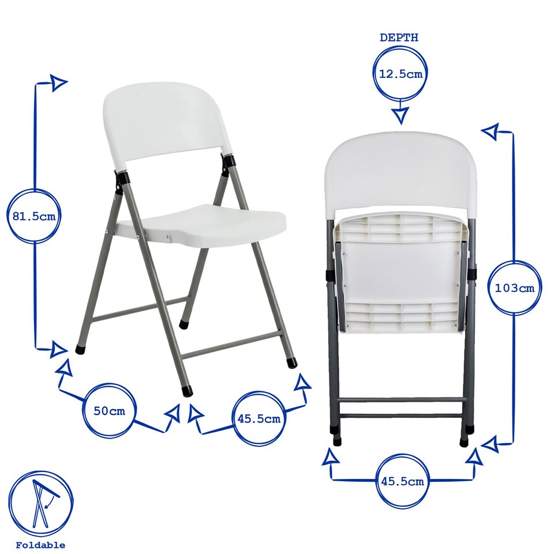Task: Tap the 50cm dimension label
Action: [x=109, y=411]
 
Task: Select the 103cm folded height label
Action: [x=515, y=287]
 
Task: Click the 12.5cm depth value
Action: [x=400, y=74]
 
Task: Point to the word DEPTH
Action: [x=399, y=38]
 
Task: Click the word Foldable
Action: [x=40, y=545]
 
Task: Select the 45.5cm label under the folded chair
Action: [x=402, y=481]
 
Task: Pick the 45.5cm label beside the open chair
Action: [x=259, y=418]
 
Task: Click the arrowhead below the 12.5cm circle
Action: [x=400, y=115]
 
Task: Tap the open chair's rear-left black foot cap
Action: [x=80, y=349]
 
